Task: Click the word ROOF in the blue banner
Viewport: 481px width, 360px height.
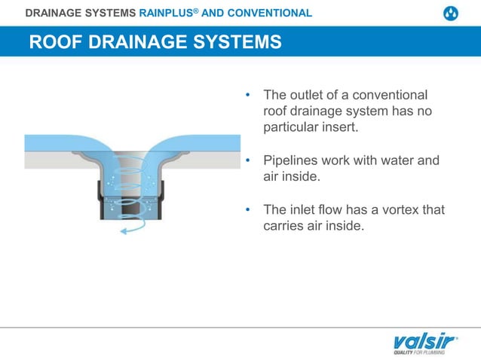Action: pyautogui.click(x=54, y=42)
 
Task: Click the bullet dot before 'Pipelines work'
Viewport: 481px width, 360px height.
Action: pyautogui.click(x=247, y=160)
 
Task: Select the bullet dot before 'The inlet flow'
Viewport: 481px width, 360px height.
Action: pyautogui.click(x=247, y=209)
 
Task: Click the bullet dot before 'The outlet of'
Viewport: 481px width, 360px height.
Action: pyautogui.click(x=247, y=96)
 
